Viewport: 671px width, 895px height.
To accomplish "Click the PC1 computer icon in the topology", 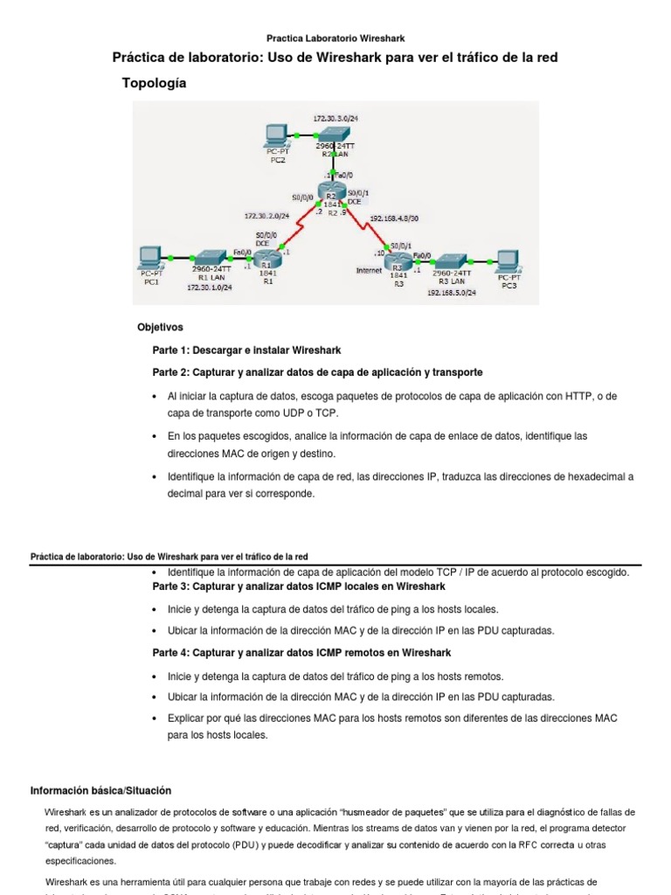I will point(150,256).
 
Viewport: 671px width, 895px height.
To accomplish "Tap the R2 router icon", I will point(332,192).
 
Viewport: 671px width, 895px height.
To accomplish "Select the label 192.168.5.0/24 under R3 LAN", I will point(452,294).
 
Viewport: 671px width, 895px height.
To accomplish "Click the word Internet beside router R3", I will point(369,271).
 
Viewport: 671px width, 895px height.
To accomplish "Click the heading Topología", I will point(154,83).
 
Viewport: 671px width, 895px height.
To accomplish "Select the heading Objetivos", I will point(160,327).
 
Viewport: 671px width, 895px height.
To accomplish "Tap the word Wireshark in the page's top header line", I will point(384,38).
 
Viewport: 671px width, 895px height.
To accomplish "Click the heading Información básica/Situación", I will point(100,790).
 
